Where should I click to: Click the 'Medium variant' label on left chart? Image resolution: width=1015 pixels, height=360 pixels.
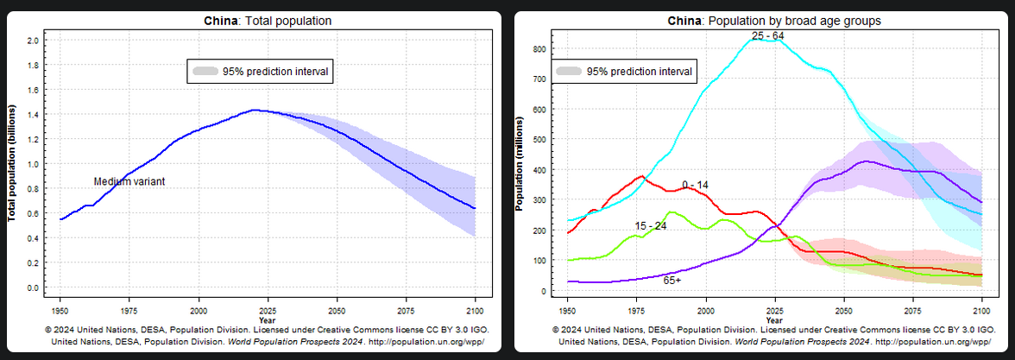click(x=129, y=182)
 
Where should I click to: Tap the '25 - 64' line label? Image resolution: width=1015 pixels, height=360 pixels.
click(x=767, y=35)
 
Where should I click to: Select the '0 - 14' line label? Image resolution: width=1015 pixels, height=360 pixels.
click(x=695, y=185)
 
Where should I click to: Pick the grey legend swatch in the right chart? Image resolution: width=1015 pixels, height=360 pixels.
click(x=570, y=71)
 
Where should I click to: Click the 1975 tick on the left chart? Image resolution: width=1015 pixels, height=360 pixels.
click(x=129, y=310)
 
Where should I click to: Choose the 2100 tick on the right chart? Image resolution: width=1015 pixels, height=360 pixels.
click(x=982, y=310)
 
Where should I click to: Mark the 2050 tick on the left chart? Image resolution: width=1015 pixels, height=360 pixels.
click(x=337, y=310)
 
